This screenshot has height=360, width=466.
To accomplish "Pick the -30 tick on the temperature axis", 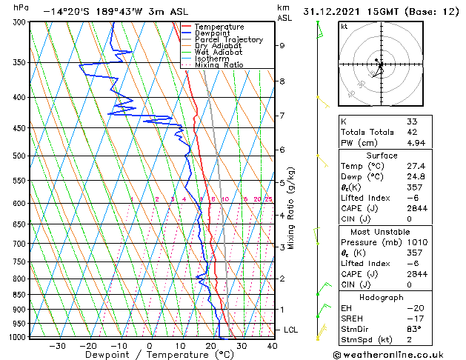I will [x=57, y=346].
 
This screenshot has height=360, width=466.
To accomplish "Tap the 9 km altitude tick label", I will [x=282, y=46].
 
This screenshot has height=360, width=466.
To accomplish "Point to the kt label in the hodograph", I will [x=344, y=27].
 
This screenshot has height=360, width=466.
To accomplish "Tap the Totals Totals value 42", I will [x=412, y=132].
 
